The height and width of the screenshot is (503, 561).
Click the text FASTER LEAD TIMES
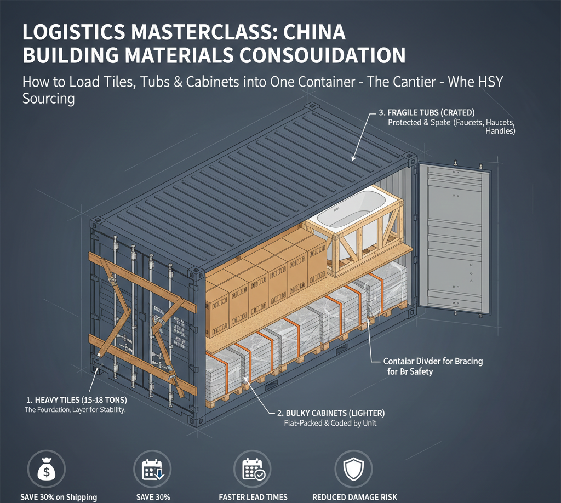click(x=253, y=497)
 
